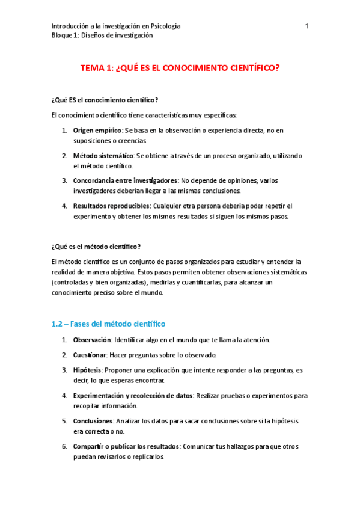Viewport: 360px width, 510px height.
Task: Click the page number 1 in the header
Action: tap(307, 26)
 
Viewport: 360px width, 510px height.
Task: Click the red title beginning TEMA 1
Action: tap(180, 69)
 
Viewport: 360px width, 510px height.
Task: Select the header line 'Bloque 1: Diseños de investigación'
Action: tap(102, 35)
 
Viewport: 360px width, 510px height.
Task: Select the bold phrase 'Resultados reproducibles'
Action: tap(111, 206)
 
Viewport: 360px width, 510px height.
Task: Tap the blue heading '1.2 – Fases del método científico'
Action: tap(108, 324)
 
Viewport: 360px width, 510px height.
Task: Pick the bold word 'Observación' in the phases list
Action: tap(93, 340)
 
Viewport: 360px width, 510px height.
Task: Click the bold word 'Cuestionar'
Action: tap(90, 355)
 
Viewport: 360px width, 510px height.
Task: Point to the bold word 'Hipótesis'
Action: tap(87, 370)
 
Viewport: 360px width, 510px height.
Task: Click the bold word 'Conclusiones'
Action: tap(93, 421)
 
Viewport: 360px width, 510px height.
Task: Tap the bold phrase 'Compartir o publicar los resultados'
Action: tap(126, 447)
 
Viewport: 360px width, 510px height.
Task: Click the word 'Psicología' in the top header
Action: tap(164, 26)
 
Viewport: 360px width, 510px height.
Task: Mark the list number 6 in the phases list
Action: tap(64, 447)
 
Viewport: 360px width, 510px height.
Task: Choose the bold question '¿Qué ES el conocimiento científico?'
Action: tap(105, 100)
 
